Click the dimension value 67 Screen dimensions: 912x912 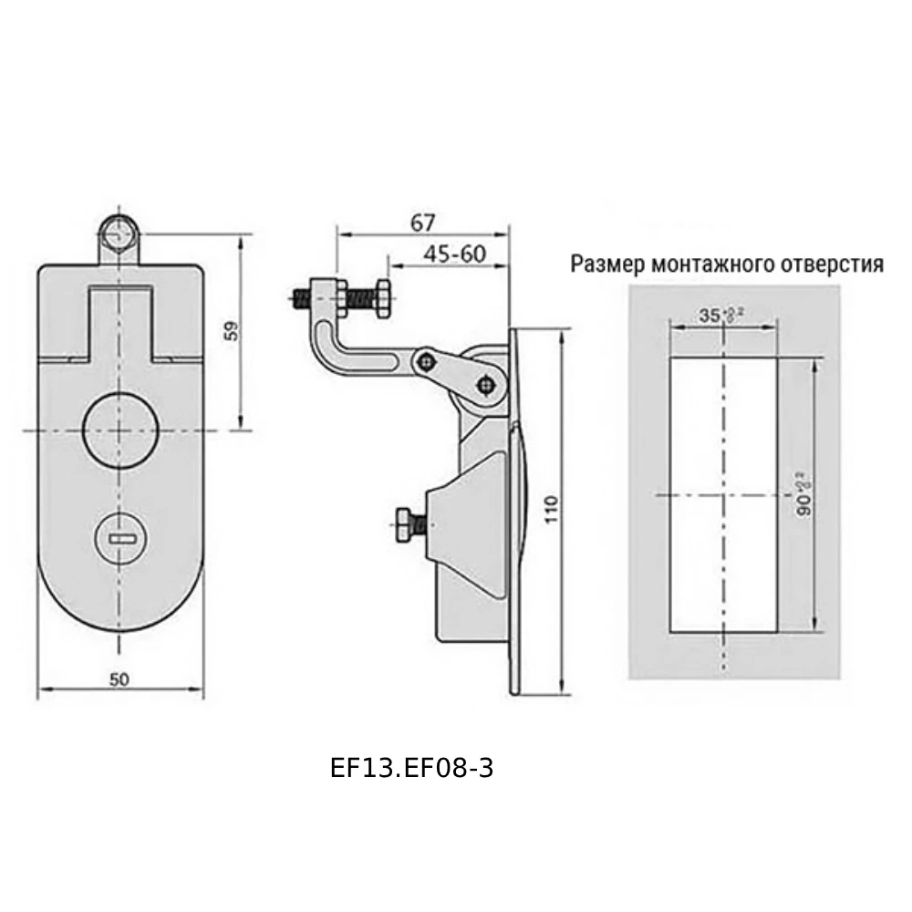(423, 223)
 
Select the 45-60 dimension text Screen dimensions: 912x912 (452, 254)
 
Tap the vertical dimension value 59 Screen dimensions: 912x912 (232, 332)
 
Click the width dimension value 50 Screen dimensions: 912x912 (119, 678)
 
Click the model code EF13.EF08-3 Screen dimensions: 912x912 (411, 768)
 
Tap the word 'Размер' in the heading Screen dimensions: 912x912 (606, 264)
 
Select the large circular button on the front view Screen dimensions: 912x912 (120, 429)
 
